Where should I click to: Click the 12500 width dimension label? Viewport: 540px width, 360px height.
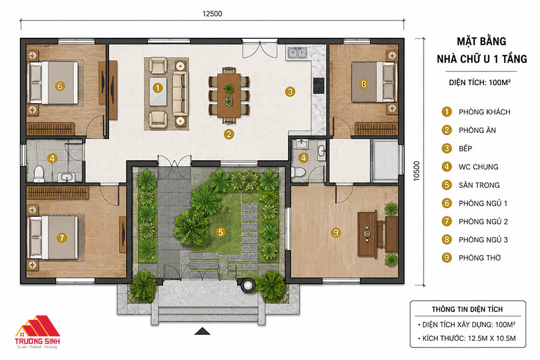point(212,14)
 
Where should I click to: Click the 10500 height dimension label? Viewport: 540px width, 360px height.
point(417,171)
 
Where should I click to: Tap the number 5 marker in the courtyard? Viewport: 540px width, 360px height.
point(221,232)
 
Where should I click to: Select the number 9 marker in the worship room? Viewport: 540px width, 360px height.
point(336,233)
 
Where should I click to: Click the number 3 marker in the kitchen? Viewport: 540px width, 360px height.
point(290,92)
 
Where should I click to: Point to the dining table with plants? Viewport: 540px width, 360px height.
point(229,95)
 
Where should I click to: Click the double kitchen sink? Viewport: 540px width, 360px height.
point(297,53)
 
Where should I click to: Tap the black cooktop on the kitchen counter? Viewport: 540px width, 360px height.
point(319,85)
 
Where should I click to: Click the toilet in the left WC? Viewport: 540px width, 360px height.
point(38,173)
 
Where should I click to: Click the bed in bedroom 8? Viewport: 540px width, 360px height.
point(373,82)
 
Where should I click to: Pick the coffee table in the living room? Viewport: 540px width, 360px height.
point(158,91)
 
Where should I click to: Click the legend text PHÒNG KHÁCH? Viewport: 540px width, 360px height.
point(485,112)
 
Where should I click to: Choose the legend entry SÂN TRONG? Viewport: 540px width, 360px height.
point(479,185)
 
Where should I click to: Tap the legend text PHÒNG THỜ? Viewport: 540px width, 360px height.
point(480,257)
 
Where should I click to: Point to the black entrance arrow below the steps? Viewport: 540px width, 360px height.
point(202,331)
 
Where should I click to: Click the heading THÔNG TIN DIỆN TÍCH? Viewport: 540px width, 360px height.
point(467,310)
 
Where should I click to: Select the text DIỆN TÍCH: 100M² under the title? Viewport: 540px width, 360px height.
point(480,83)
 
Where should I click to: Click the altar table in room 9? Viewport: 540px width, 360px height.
point(367,235)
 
